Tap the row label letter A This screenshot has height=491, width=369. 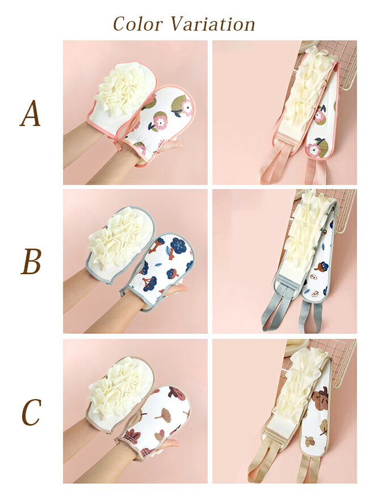[30, 114]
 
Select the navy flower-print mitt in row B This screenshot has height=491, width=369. [160, 270]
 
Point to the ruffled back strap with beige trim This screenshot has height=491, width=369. [301, 403]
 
